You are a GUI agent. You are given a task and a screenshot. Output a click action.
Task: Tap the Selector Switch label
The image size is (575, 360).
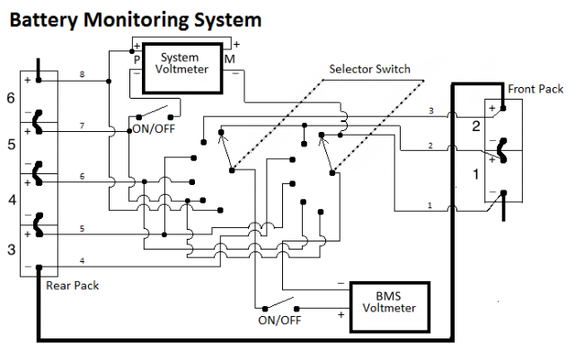(x=369, y=69)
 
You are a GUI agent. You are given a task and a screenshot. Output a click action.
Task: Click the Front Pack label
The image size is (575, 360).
(x=535, y=89)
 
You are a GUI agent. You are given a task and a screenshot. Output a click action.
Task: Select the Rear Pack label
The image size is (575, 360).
(x=72, y=285)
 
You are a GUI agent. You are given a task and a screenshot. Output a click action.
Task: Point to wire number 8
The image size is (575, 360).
(x=82, y=75)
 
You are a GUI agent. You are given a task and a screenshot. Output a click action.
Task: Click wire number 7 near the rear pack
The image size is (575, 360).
(x=82, y=126)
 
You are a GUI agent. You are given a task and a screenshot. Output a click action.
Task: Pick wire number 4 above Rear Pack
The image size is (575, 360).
(x=82, y=260)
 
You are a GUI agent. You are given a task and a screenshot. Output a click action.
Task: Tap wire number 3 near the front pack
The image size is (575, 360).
(x=431, y=110)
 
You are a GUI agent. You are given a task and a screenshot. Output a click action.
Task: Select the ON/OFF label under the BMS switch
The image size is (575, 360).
(x=279, y=320)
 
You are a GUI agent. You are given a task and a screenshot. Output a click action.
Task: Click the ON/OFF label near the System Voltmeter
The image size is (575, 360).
(x=154, y=128)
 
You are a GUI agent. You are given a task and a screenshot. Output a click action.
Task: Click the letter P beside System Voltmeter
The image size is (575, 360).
(x=137, y=59)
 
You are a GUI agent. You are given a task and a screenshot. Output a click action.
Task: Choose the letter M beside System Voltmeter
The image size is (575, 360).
(x=230, y=59)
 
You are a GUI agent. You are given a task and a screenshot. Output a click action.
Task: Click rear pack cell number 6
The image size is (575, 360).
(x=11, y=98)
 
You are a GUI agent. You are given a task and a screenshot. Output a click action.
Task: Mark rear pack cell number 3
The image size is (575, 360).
(x=12, y=250)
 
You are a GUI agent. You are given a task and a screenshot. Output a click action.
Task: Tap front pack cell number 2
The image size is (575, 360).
(x=476, y=126)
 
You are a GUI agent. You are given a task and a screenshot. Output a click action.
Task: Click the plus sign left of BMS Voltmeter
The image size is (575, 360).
(x=341, y=314)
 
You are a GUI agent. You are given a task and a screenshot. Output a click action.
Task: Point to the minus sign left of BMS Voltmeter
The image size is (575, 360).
(x=341, y=284)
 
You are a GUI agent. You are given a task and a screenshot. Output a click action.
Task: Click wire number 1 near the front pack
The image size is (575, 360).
(x=429, y=206)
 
